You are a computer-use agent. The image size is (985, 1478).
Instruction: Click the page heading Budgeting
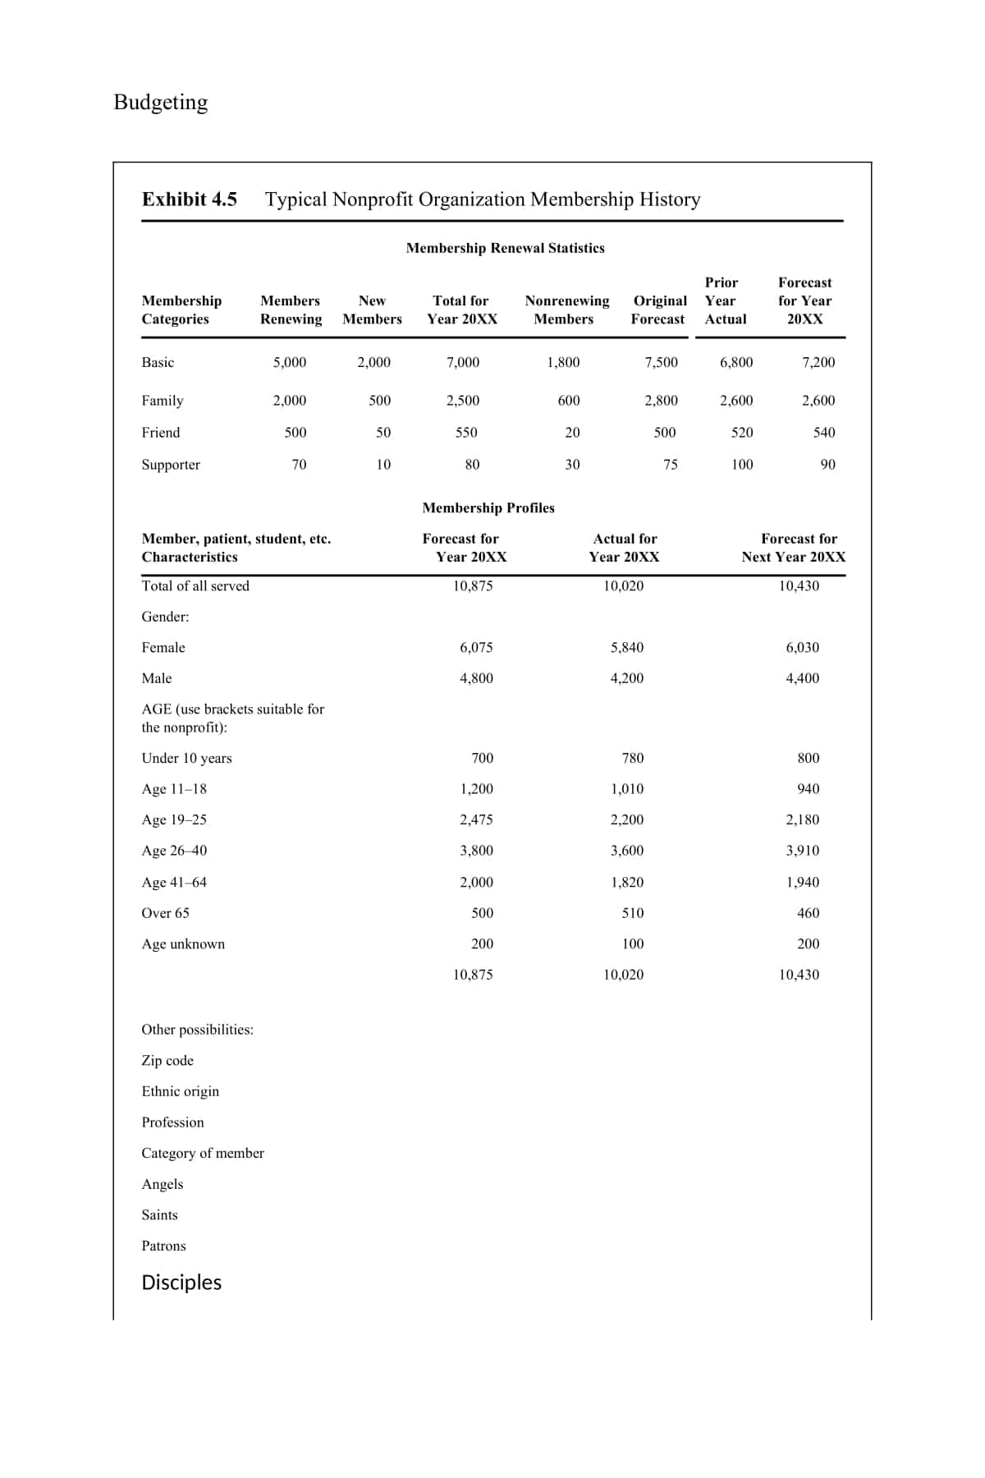pos(160,102)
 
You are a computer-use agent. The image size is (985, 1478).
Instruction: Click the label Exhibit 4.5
pos(189,200)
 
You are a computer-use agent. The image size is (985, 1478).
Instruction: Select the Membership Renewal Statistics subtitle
pos(505,248)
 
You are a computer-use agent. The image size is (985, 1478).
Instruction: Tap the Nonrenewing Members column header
pos(566,310)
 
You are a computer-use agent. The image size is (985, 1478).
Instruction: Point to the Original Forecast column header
pos(659,310)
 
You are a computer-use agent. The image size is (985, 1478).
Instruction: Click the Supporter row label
pos(171,465)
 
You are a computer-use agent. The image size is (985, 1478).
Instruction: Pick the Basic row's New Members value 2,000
pos(373,362)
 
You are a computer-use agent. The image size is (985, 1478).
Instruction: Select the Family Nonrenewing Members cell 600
pos(568,401)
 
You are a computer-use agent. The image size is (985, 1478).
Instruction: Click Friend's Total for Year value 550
pos(465,433)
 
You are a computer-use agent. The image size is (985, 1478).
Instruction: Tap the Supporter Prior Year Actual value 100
pos(741,465)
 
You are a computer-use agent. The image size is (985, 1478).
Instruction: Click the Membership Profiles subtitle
pos(488,508)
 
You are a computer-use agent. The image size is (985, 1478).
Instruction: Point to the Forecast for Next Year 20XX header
pos(794,548)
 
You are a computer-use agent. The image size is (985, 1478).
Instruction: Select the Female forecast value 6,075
pos(476,648)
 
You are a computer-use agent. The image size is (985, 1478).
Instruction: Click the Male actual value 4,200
pos(626,678)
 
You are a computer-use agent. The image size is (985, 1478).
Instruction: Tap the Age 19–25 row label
pos(174,820)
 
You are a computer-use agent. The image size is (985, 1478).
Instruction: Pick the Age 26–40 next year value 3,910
pos(802,851)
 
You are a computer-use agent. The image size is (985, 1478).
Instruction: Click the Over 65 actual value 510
pos(632,913)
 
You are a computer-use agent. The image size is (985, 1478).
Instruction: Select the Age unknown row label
pos(183,944)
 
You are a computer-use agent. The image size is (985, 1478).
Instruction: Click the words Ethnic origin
pos(181,1091)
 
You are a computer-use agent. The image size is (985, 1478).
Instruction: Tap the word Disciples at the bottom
pos(181,1283)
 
